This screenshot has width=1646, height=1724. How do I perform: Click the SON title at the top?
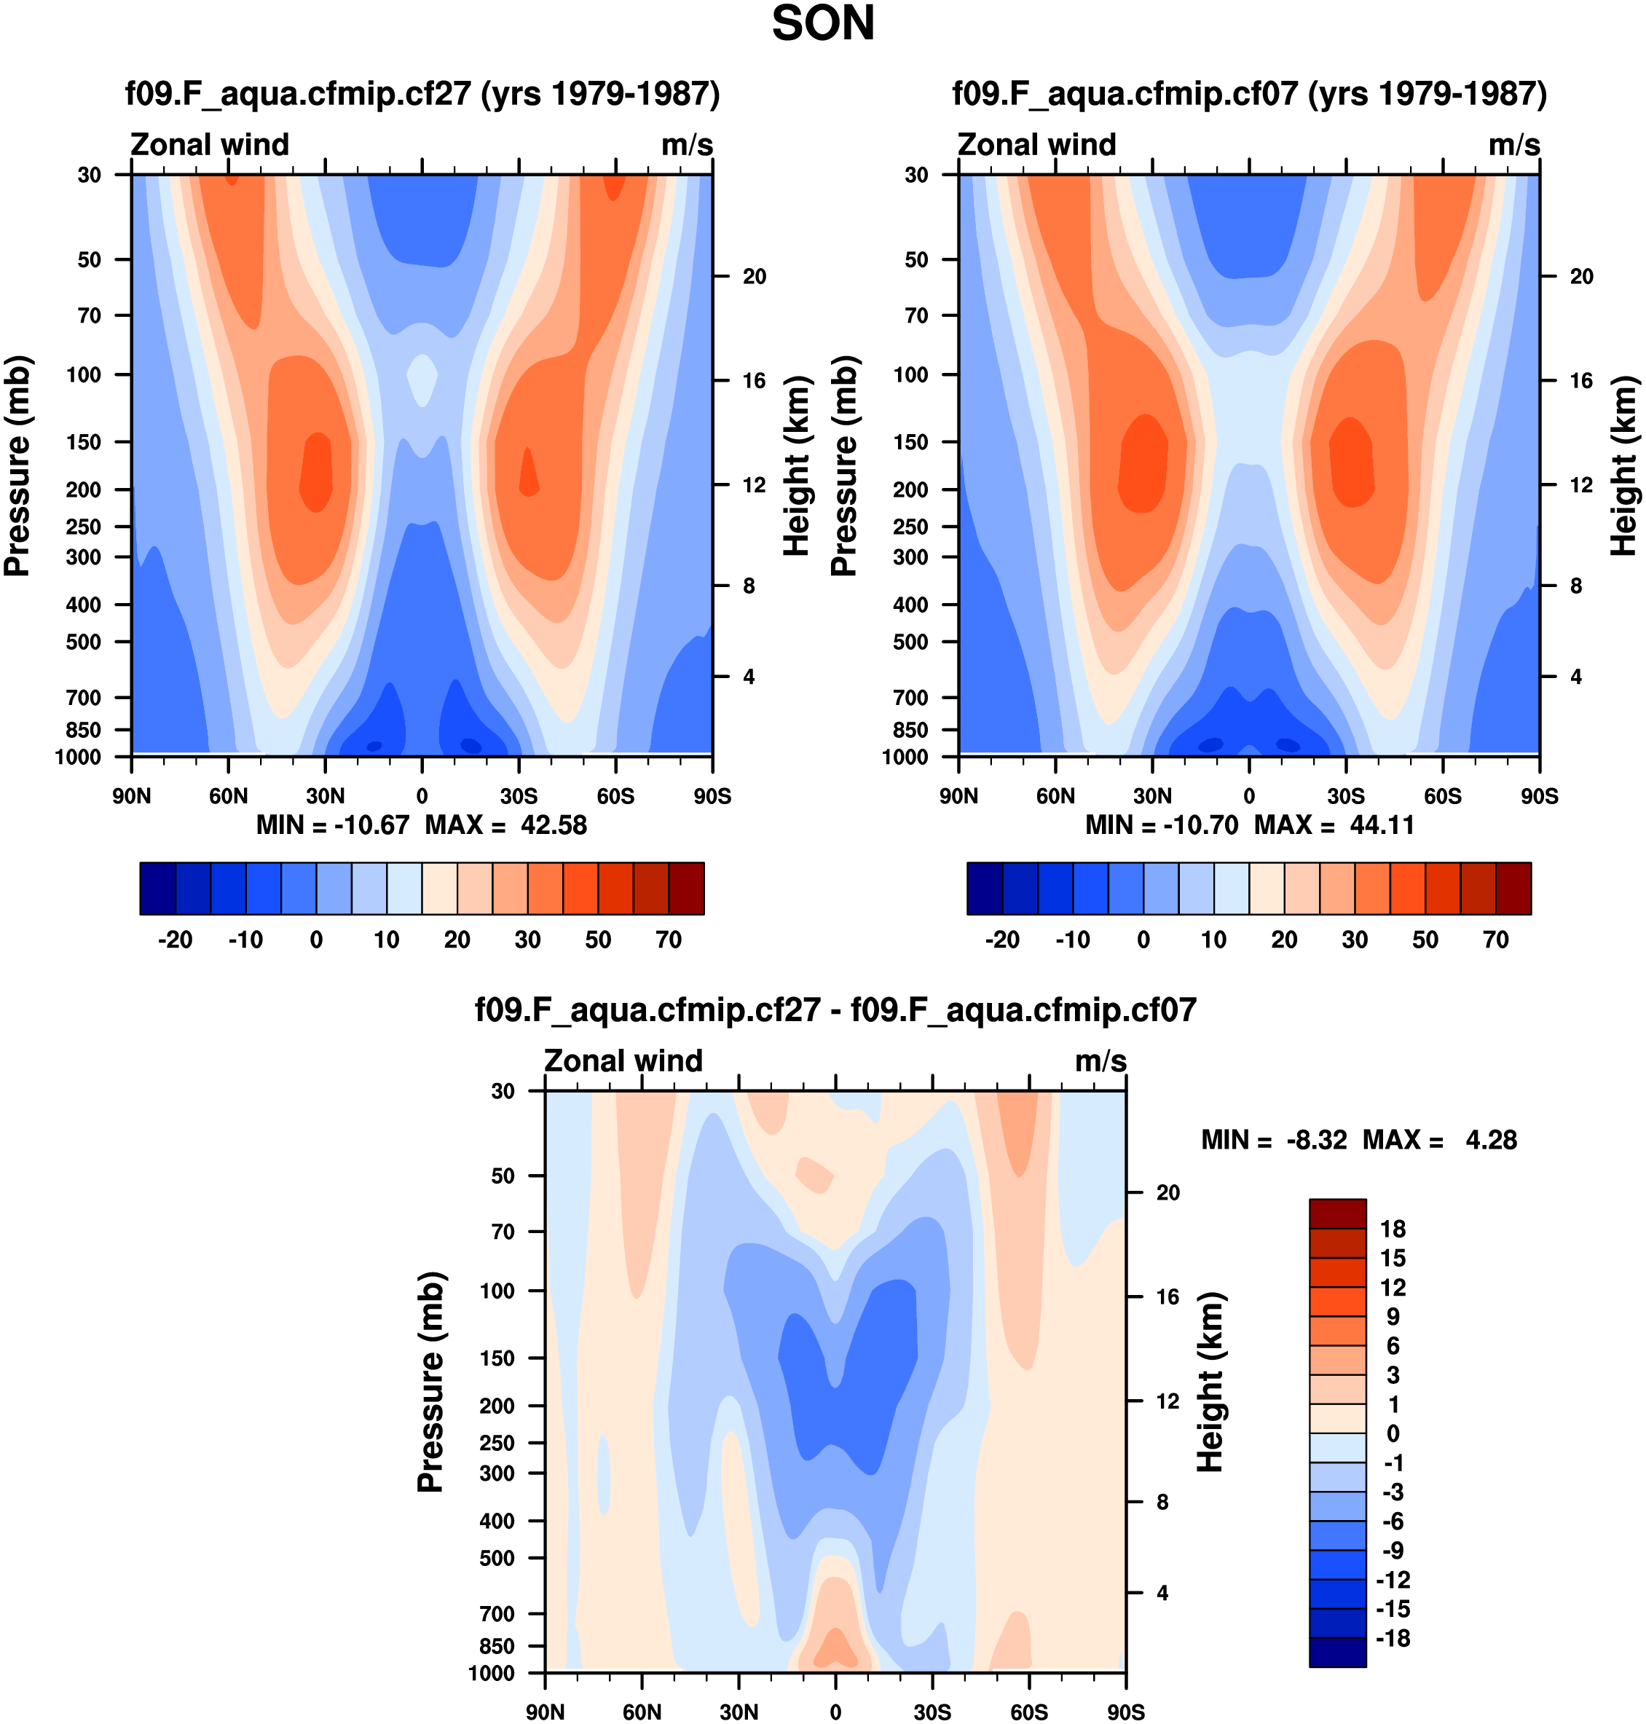(x=822, y=24)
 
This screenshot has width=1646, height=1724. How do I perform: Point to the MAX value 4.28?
(x=1491, y=1141)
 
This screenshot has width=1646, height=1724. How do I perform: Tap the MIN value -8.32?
(x=1316, y=1141)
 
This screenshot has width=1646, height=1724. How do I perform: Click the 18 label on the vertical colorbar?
(x=1393, y=1229)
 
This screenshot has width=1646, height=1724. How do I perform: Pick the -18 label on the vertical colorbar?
(x=1393, y=1638)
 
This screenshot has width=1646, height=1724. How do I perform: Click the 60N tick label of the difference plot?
(x=642, y=1712)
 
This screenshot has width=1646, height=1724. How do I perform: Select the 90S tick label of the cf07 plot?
(x=1539, y=797)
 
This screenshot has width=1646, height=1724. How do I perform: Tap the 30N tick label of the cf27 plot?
(x=325, y=797)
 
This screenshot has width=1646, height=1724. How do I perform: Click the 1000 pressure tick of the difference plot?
(x=492, y=1673)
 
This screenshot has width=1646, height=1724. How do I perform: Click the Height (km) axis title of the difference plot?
(x=1210, y=1382)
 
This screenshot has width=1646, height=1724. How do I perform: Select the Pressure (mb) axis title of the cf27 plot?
(x=17, y=466)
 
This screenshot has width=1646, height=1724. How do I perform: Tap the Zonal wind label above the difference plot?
(x=623, y=1060)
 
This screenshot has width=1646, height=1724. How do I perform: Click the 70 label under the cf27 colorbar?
(x=669, y=940)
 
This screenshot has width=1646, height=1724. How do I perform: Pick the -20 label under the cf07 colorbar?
(x=1002, y=940)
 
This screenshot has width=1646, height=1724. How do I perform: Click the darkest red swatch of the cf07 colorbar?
(x=1513, y=889)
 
